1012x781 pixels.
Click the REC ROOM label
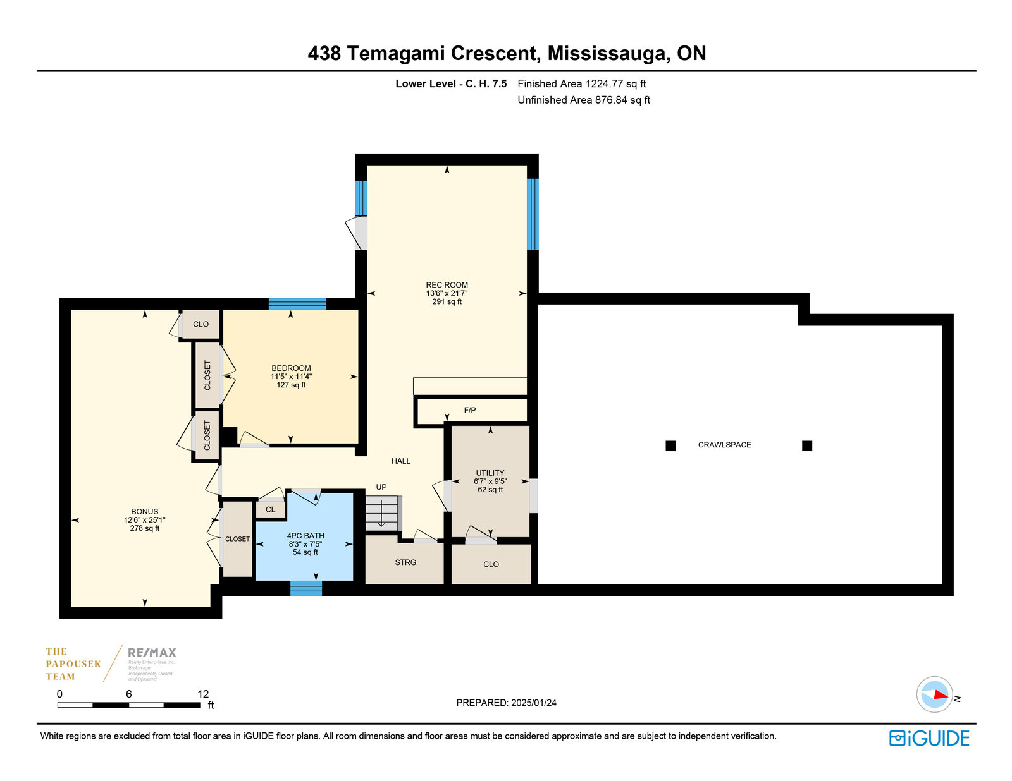coord(447,285)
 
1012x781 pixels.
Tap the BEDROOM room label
coord(291,368)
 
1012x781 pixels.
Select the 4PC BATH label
coord(305,536)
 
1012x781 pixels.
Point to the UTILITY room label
coord(490,473)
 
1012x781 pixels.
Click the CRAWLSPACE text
coord(724,445)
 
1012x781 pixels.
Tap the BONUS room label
coord(144,512)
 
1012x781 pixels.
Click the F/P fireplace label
coord(470,411)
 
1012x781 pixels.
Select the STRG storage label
coord(405,562)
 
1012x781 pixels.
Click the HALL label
coord(401,461)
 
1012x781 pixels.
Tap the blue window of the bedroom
coord(297,304)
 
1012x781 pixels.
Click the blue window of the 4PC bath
coord(306,589)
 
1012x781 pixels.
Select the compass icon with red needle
coord(934,694)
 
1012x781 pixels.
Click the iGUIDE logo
coord(929,739)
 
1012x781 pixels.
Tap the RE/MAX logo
coord(152,653)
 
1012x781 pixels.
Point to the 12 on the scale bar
coord(203,694)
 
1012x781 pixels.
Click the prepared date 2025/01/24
coord(534,703)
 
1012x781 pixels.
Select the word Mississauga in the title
coord(607,53)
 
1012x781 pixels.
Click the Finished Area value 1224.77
coord(604,83)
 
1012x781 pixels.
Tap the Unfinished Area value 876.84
coord(611,100)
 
